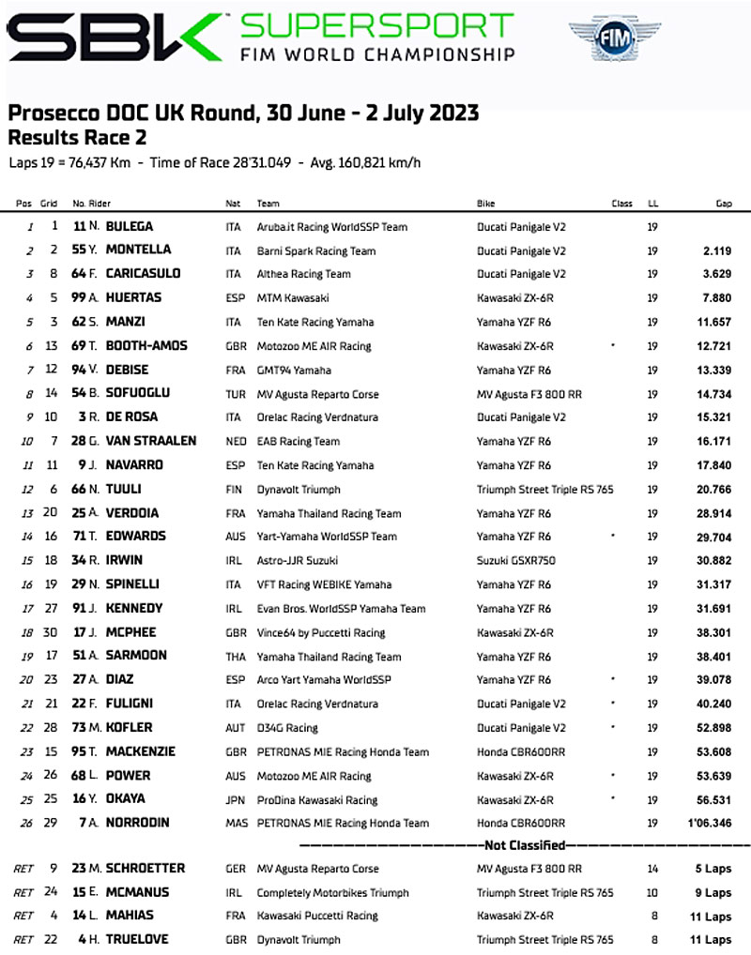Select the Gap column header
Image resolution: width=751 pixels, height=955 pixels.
coord(723,204)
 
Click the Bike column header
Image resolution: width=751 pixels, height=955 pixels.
coord(486,204)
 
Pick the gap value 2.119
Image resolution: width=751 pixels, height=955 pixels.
coord(715,250)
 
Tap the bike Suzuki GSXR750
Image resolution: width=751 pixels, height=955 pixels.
coord(516,561)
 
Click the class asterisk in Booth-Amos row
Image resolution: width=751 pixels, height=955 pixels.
coord(613,345)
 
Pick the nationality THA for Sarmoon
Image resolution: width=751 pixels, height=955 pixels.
coord(235,657)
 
